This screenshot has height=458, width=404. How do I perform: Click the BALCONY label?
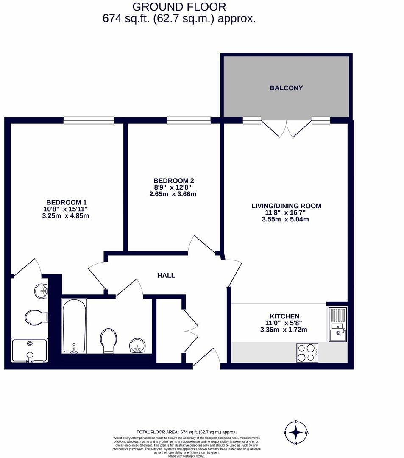point(286,88)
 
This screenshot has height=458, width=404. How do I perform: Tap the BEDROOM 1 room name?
point(67,202)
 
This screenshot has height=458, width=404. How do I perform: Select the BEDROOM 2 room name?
point(171,180)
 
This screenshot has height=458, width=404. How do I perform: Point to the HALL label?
point(166,276)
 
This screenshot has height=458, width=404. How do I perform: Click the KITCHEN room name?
point(285,316)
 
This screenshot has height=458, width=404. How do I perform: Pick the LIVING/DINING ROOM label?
point(286,206)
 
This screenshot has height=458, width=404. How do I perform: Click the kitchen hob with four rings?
point(307,353)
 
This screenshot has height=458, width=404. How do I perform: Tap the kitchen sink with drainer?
point(338,325)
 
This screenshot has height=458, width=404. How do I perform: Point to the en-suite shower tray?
point(29,350)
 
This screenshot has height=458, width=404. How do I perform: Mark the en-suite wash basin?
point(41,291)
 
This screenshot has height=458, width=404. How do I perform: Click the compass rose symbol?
point(296,433)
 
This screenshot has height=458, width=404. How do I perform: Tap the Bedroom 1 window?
point(89,120)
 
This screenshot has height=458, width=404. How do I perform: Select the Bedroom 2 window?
point(189,120)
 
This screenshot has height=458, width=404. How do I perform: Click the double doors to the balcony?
point(287,128)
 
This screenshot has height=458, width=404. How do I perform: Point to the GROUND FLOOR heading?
point(179,7)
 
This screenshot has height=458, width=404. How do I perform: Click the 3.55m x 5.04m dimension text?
point(286,219)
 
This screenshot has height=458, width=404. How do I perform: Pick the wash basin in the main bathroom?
point(138,346)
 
